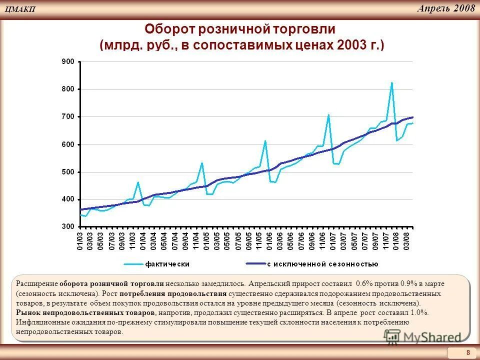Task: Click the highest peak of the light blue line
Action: coord(392,83)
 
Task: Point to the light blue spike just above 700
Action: coord(328,115)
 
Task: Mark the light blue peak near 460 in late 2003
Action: coord(137,182)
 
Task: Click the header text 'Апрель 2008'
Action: coord(445,8)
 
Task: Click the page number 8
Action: coord(468,352)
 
